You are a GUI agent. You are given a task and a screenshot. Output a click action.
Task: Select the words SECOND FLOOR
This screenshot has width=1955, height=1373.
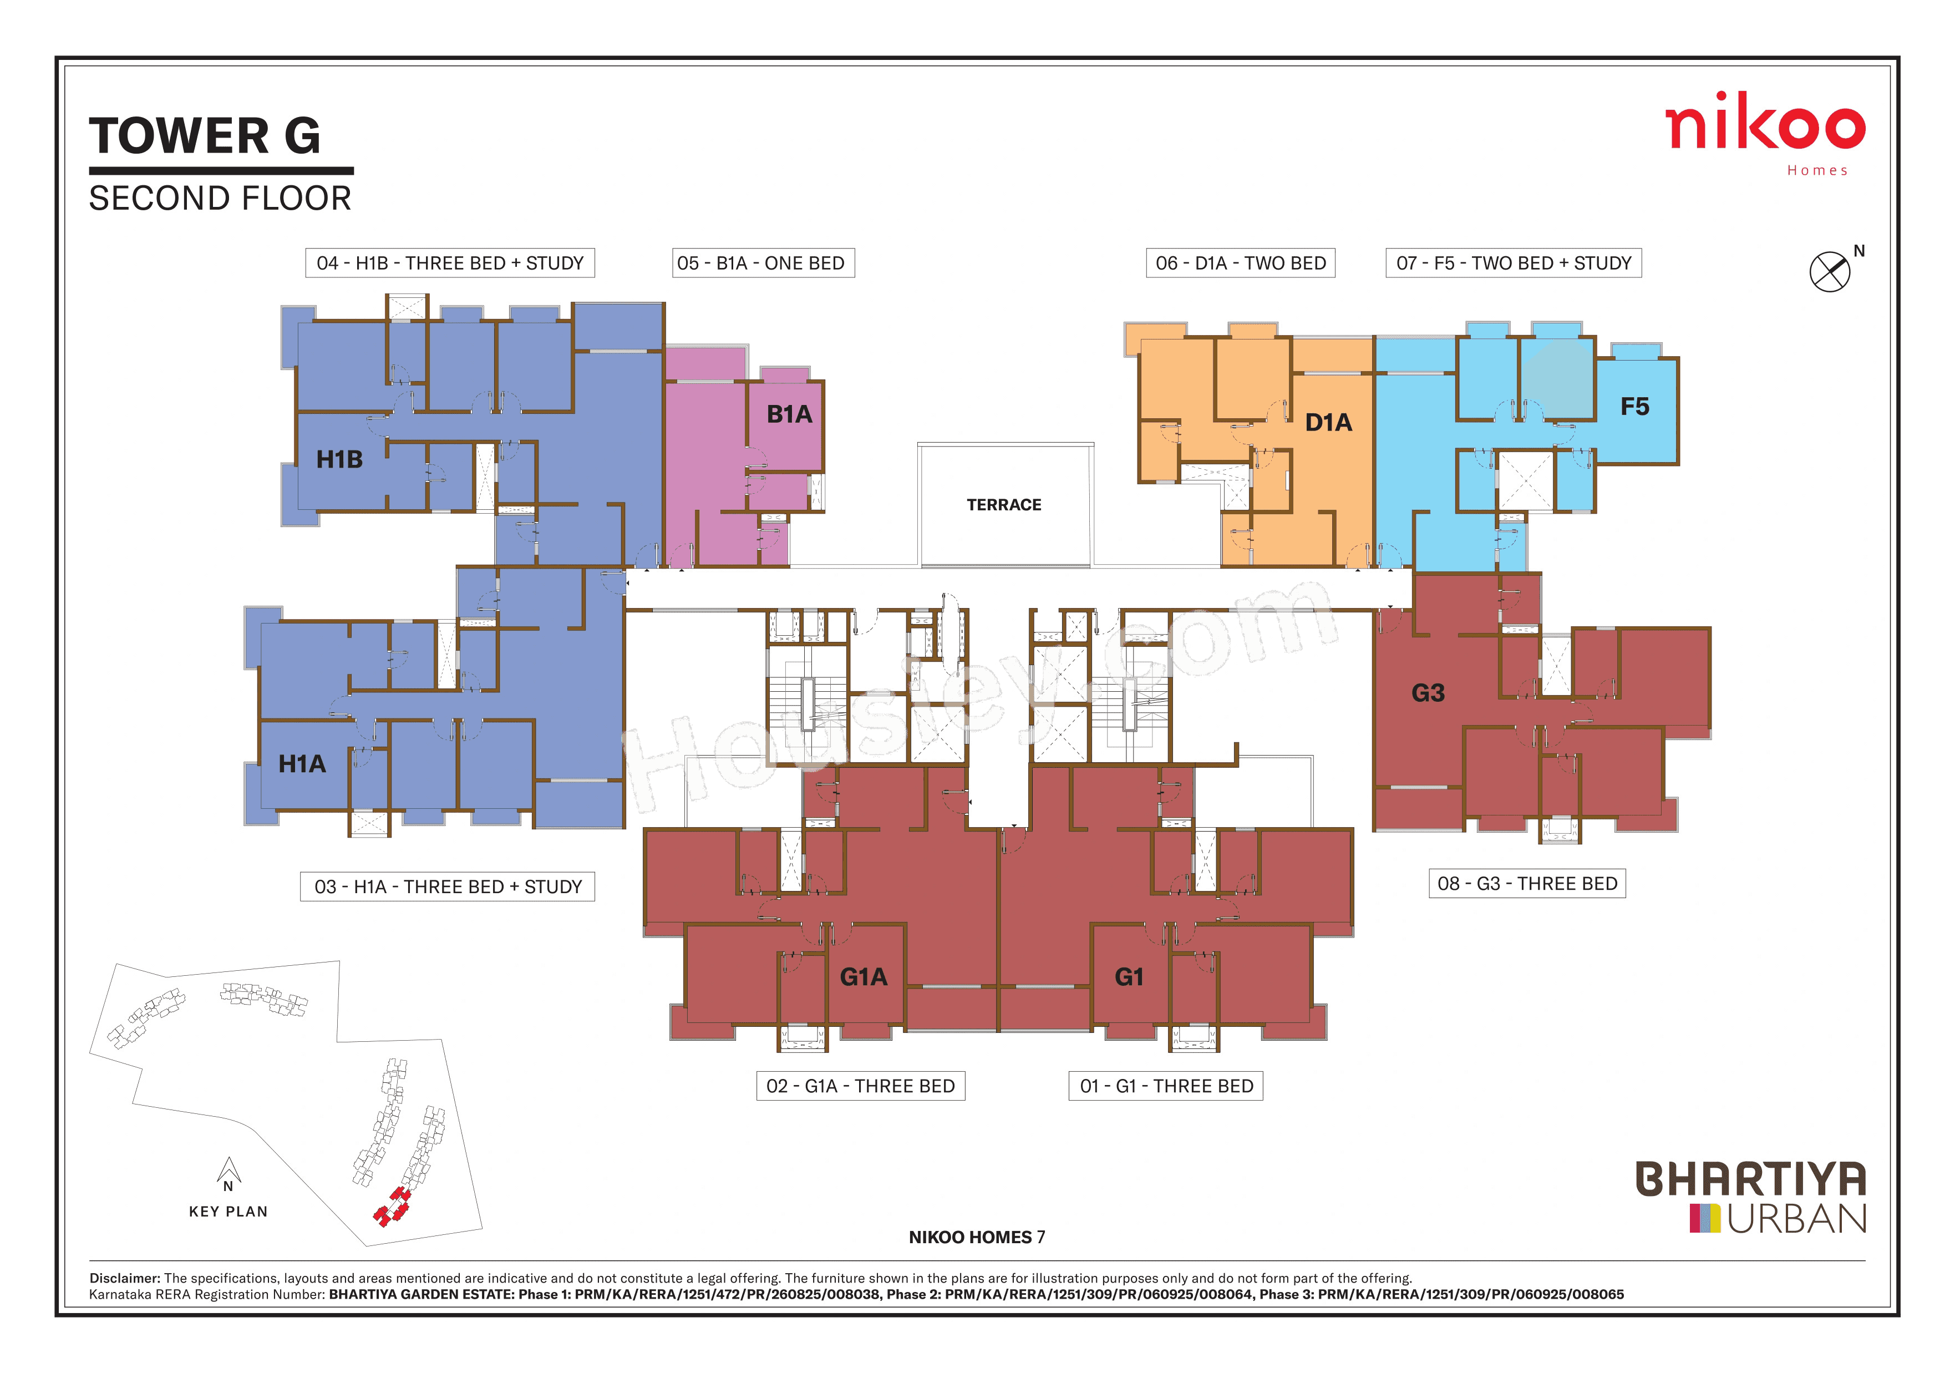(x=220, y=199)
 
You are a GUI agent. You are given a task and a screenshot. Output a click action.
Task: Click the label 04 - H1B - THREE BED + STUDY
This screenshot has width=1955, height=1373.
(x=450, y=263)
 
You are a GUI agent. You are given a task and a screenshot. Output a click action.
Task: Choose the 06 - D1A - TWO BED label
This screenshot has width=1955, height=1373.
(x=1240, y=263)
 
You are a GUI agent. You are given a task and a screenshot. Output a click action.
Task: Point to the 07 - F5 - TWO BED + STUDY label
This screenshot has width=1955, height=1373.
(x=1513, y=263)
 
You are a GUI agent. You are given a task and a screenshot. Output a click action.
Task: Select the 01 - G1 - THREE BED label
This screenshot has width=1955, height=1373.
(x=1166, y=1086)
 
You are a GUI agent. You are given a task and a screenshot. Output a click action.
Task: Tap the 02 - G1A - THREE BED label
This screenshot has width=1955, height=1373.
(x=860, y=1086)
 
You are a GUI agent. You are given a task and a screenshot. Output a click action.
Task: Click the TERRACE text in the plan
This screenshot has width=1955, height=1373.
(x=1004, y=505)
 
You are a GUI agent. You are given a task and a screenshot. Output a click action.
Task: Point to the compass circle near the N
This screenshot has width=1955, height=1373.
(x=1829, y=272)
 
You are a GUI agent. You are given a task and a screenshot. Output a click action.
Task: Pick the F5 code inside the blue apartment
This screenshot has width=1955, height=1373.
(x=1634, y=407)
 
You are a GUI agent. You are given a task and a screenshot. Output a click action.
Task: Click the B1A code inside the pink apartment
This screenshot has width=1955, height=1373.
(x=789, y=415)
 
